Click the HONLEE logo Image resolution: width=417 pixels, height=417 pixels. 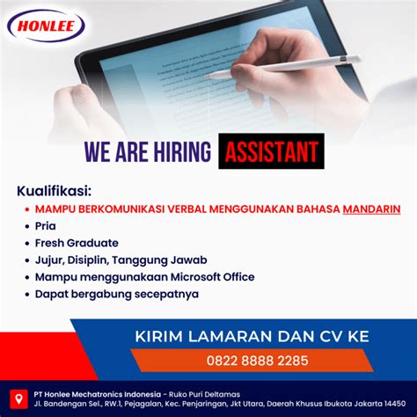point(46,26)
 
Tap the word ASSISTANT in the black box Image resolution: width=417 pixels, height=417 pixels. point(271,151)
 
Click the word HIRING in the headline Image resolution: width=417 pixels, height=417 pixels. point(182,151)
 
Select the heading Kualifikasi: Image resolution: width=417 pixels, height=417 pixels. point(54,191)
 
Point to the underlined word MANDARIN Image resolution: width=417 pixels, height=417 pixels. point(371,209)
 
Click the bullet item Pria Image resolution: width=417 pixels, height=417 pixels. point(46,226)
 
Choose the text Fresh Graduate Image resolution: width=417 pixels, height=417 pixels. point(77,243)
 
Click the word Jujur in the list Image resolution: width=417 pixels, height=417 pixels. point(49,260)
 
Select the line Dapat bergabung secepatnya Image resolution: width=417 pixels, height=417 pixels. point(117,295)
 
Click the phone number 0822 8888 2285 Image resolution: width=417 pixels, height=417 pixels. point(258,361)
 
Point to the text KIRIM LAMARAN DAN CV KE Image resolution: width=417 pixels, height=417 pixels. point(252,336)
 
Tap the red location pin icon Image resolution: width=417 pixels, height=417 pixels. point(19,399)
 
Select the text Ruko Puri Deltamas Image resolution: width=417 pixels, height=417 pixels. point(204,394)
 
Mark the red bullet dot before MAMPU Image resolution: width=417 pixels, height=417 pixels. point(27,209)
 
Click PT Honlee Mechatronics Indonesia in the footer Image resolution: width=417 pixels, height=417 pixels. point(98,394)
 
